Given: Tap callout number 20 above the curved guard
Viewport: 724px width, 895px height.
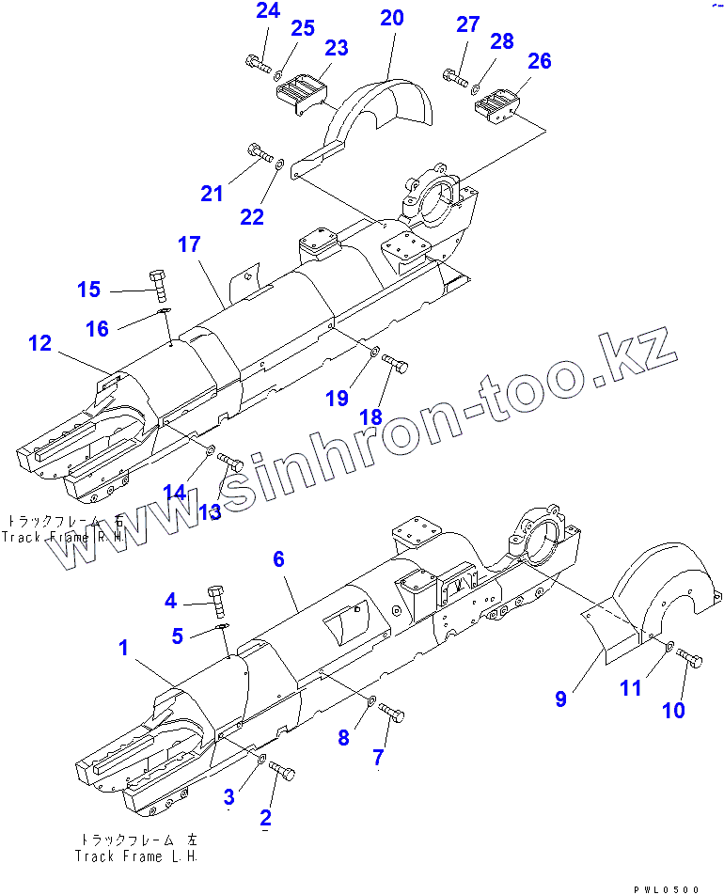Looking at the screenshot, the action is tap(392, 18).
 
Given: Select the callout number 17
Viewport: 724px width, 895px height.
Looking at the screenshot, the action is tap(189, 245).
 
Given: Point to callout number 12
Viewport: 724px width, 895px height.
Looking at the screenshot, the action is tap(39, 344).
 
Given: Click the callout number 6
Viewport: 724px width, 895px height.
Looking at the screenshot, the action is tap(278, 558).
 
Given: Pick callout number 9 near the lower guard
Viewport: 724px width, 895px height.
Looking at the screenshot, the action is tap(560, 699).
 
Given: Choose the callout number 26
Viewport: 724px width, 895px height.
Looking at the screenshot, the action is tap(539, 61).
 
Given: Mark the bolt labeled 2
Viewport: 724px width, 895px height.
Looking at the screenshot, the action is tap(282, 772).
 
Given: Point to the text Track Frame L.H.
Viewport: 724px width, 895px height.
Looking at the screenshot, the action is tap(136, 856).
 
